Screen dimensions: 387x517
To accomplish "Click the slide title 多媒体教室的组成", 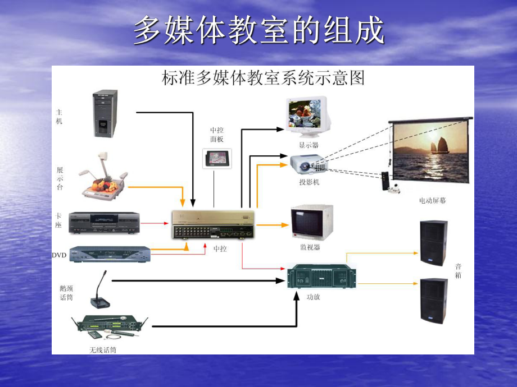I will pyautogui.click(x=259, y=31).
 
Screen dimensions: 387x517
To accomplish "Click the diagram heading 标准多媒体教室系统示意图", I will pyautogui.click(x=263, y=77).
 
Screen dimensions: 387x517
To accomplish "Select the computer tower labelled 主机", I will pyautogui.click(x=105, y=114).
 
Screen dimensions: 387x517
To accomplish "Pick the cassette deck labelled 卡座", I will pyautogui.click(x=104, y=223).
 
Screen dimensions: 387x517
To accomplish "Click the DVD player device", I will pyautogui.click(x=110, y=254).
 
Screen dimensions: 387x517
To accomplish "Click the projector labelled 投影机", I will pyautogui.click(x=309, y=163).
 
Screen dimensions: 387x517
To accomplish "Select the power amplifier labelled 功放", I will pyautogui.click(x=321, y=277).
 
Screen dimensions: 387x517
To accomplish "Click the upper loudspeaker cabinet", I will pyautogui.click(x=434, y=243).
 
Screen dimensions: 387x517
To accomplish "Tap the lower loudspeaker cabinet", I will pyautogui.click(x=434, y=300).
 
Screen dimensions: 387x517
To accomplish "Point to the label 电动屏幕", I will pyautogui.click(x=432, y=200).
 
